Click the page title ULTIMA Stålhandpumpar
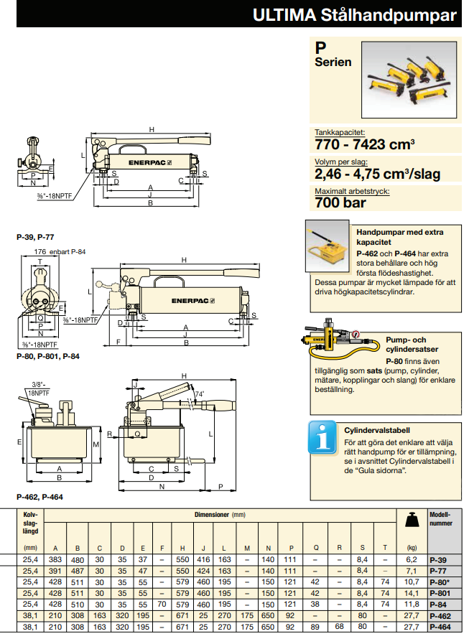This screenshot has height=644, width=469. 354,16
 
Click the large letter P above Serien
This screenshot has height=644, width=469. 321,48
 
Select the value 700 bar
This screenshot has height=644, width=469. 340,202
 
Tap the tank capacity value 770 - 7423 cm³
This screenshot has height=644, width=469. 365,144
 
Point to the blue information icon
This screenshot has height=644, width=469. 322,439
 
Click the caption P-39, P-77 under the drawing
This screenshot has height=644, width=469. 35,236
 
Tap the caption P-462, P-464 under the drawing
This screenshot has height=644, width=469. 40,496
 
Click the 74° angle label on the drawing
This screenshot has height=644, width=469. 199,394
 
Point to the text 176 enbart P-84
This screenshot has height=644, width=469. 60,252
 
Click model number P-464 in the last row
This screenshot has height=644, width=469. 440,627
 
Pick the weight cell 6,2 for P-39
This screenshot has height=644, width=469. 412,559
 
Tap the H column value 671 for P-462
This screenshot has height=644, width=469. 183,616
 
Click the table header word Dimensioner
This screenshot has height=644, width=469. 219,515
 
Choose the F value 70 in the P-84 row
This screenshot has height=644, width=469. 162,605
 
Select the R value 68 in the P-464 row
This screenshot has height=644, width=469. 340,627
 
